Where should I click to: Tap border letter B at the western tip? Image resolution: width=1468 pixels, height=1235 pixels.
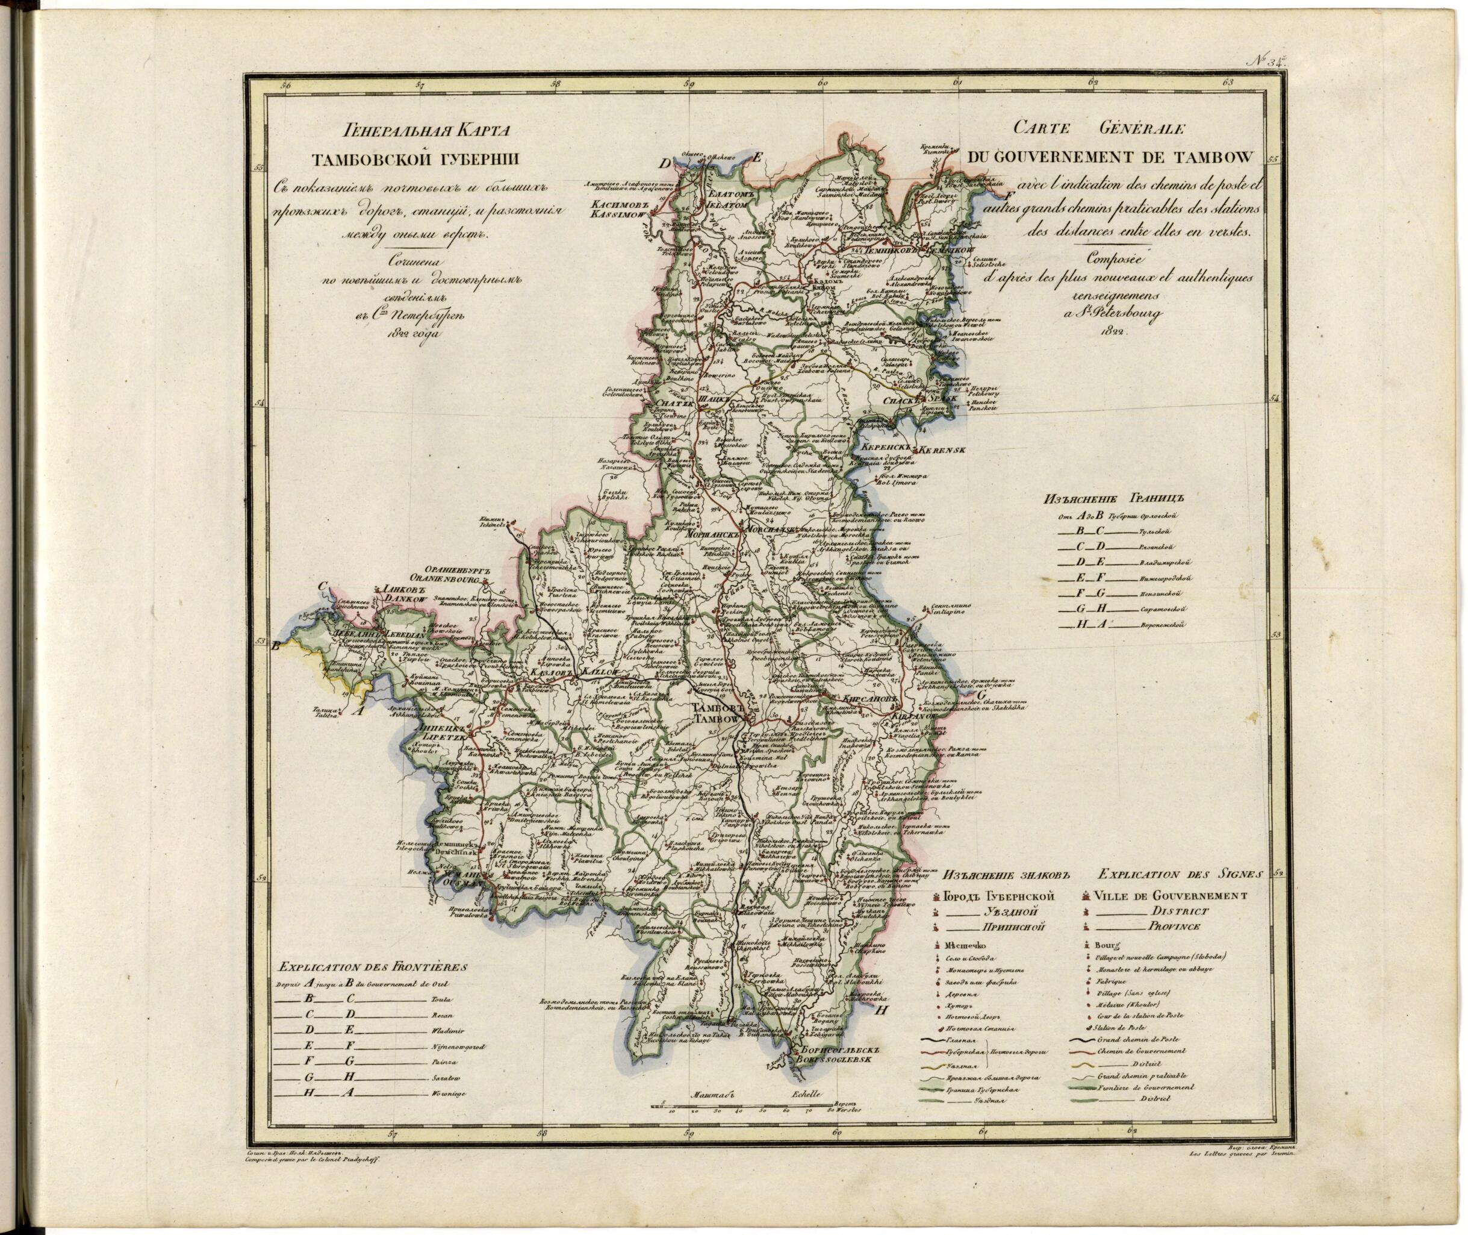pyautogui.click(x=276, y=647)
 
